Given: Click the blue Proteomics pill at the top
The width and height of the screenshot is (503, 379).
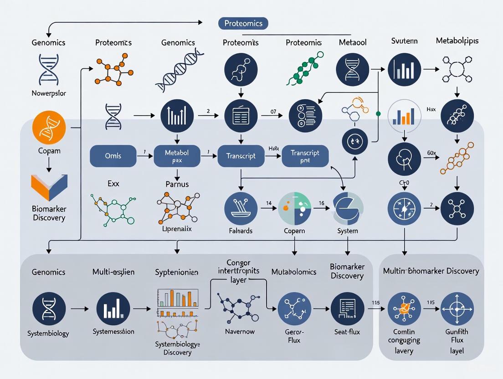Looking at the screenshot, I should click(243, 23).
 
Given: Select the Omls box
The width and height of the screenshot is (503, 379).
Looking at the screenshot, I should click(113, 156).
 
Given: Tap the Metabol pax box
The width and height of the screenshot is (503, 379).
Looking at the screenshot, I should click(177, 156).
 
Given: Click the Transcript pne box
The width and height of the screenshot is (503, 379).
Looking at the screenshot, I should click(305, 156).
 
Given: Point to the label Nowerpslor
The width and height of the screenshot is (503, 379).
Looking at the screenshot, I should click(49, 93).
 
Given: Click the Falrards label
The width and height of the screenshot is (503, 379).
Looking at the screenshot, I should click(241, 230).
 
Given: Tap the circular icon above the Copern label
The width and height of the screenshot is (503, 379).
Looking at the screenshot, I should click(294, 208).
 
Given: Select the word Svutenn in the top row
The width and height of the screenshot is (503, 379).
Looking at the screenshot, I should click(404, 41).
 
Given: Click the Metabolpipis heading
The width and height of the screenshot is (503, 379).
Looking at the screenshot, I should click(457, 41).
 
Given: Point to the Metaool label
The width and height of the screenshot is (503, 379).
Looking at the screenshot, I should click(353, 42).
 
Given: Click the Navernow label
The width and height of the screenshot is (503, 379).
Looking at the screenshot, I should click(240, 331).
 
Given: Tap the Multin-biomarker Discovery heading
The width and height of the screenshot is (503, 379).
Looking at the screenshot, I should click(431, 271).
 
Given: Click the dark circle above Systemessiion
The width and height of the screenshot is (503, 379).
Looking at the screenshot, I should click(113, 308).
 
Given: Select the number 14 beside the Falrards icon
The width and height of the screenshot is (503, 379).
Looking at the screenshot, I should click(269, 204).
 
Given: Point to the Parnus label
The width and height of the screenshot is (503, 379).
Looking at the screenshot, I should click(177, 184).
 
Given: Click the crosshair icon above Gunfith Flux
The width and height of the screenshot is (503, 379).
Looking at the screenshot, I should click(457, 308).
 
